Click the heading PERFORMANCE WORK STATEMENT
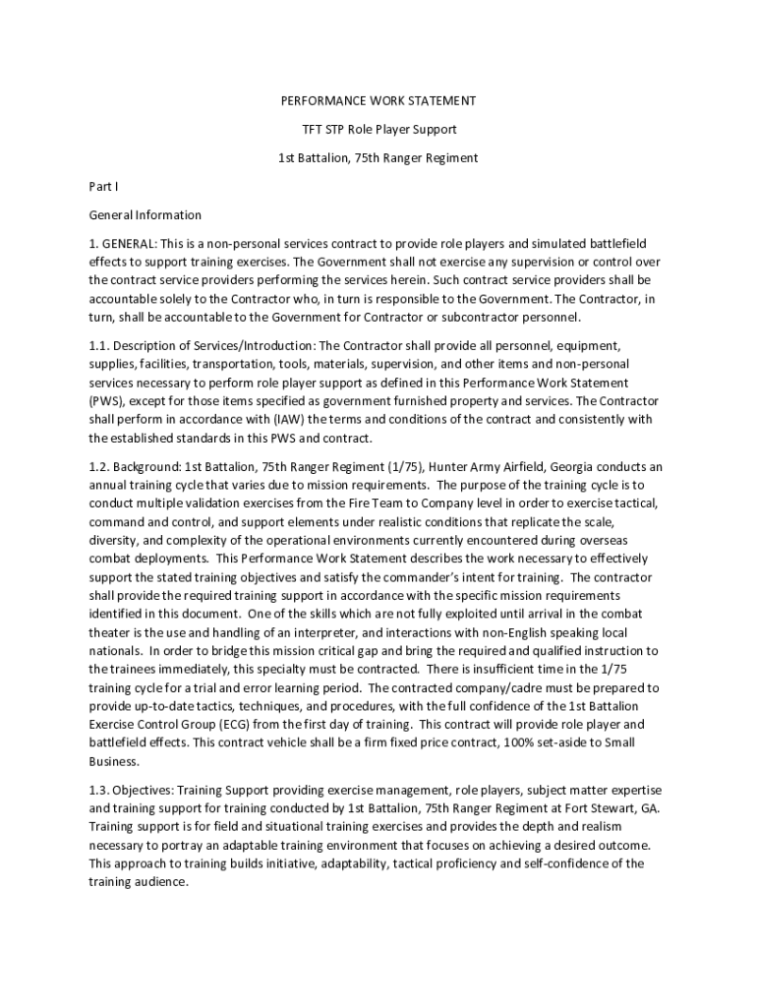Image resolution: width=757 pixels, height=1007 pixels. pos(378,101)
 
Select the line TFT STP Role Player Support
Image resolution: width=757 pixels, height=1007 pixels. pos(378,130)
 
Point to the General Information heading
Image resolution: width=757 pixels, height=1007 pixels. pos(145,214)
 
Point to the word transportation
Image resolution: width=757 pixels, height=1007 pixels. pos(224,364)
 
